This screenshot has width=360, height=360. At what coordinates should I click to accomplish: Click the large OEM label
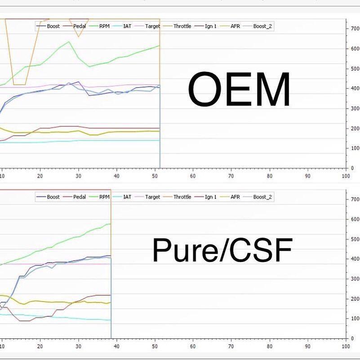[239, 89]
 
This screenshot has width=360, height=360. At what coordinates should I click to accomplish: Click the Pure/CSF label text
[222, 250]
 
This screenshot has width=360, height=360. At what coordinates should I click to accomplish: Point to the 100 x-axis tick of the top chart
[346, 176]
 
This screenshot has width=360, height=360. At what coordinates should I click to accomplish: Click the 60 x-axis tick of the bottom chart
[193, 347]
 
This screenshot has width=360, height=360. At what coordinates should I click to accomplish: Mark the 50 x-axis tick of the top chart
[155, 176]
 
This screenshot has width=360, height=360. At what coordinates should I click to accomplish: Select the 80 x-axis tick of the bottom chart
[269, 347]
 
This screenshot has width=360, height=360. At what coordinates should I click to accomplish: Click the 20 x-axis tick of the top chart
[40, 176]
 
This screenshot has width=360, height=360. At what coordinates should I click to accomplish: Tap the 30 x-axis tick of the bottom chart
[78, 347]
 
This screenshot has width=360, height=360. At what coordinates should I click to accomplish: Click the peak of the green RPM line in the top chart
[68, 42]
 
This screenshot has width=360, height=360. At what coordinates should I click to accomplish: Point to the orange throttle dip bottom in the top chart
[19, 84]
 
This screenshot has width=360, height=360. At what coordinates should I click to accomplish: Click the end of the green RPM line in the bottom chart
[111, 224]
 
